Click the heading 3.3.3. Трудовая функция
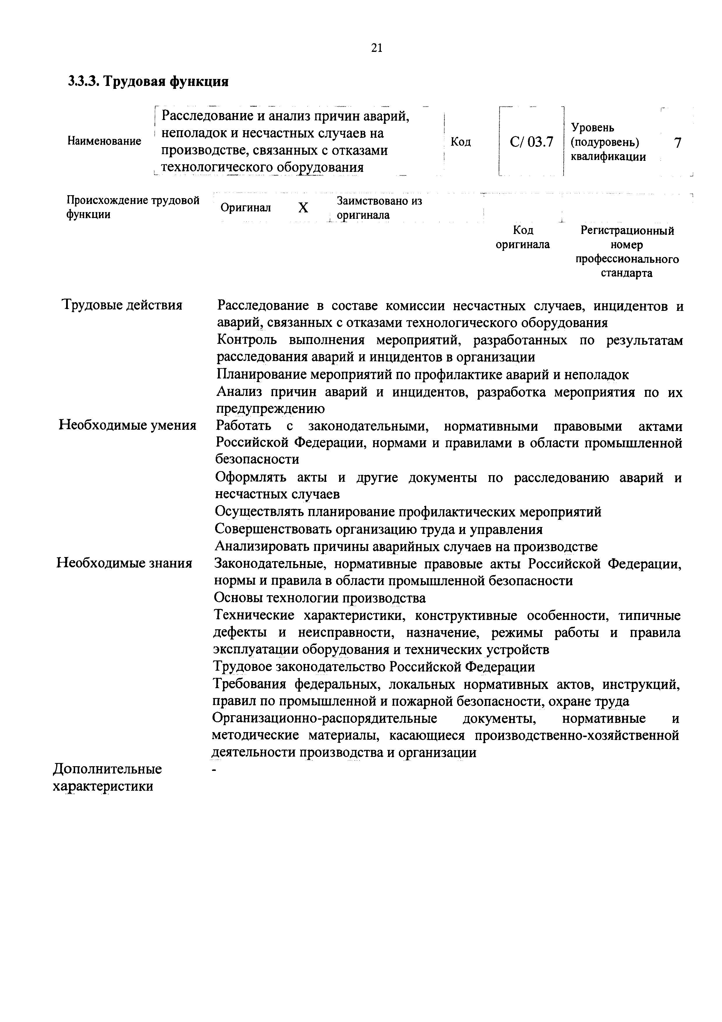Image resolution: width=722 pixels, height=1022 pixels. tap(148, 82)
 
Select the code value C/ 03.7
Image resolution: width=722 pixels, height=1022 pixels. tap(531, 142)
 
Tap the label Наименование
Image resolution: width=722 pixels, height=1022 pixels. tap(104, 141)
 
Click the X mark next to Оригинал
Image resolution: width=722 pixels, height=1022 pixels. tap(303, 207)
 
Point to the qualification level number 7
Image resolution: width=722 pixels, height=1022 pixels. tap(677, 142)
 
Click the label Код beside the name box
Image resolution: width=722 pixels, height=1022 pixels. tap(461, 142)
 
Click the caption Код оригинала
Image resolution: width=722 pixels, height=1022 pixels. tap(523, 237)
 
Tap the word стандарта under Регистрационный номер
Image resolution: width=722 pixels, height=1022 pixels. tap(626, 273)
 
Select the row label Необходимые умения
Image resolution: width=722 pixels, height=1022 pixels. tap(127, 426)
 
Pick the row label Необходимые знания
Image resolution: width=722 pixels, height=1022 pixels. tap(124, 563)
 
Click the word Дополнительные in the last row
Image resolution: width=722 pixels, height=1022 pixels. tap(107, 769)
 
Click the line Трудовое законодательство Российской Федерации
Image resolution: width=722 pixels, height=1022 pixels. tap(374, 667)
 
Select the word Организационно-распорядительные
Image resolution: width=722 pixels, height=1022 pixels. tap(324, 718)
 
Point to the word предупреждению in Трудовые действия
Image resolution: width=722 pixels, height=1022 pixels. tap(270, 408)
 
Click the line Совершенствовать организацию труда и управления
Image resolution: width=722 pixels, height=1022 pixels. tap(378, 529)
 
